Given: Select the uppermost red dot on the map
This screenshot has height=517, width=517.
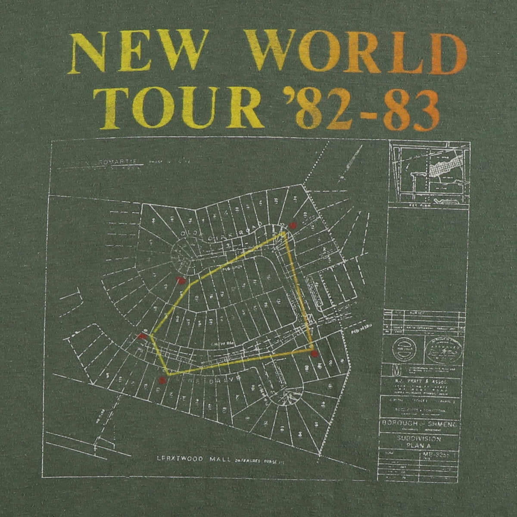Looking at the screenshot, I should pos(293,224).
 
